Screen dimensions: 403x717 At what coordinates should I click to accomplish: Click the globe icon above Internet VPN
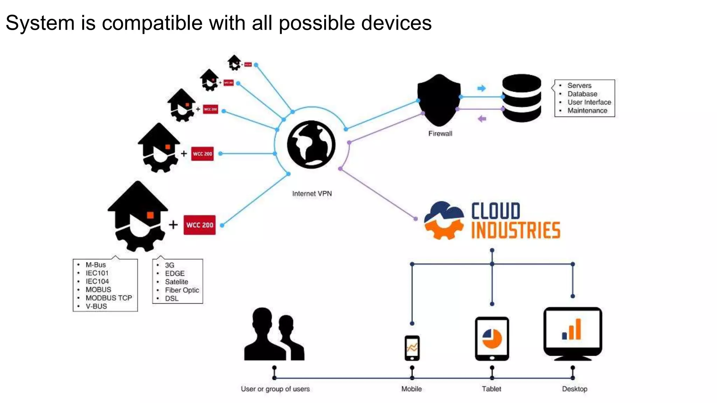[311, 144]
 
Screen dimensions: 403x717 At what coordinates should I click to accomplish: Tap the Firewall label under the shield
[440, 133]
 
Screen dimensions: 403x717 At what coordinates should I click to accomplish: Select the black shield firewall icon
[439, 100]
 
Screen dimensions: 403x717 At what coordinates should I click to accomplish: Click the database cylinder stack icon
[521, 98]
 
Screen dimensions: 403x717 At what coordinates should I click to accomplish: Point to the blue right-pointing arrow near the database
[482, 88]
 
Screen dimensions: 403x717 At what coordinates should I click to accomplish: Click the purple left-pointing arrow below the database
[482, 119]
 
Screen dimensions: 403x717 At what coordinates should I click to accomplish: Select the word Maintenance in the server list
[587, 111]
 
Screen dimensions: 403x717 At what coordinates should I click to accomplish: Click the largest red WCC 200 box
[200, 225]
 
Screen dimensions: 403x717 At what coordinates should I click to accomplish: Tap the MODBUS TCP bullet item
[109, 298]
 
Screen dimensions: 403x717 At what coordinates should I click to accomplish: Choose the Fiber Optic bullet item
[182, 290]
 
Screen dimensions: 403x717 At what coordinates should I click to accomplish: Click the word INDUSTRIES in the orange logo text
[515, 231]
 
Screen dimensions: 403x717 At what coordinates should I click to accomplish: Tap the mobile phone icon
[412, 348]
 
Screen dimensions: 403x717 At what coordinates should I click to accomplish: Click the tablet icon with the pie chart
[492, 339]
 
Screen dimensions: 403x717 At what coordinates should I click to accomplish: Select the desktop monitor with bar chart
[572, 333]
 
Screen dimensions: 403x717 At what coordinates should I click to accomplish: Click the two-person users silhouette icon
[274, 335]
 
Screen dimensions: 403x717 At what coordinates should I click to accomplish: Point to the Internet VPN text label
[312, 193]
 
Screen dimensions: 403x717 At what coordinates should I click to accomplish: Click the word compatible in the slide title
[152, 23]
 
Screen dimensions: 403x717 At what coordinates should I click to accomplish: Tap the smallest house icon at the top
[234, 63]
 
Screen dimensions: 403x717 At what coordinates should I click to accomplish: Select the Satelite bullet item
[176, 282]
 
